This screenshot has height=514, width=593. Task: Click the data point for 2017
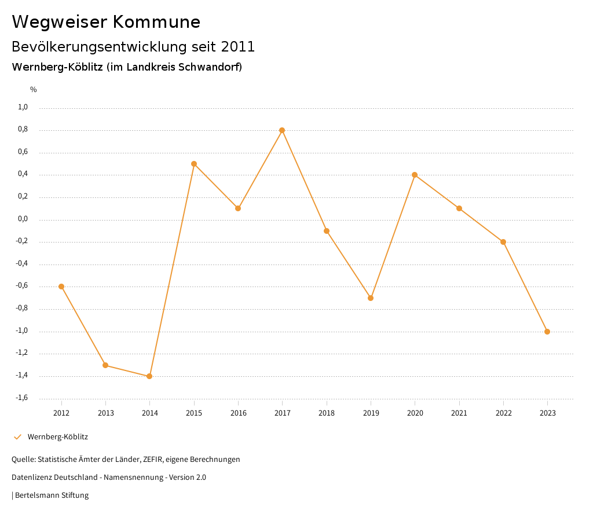coord(282,130)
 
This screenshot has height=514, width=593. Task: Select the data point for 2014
coord(149,376)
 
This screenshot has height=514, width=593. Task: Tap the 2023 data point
coord(547,332)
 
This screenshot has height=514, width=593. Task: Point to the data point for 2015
coord(194,164)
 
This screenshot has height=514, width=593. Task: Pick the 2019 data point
coord(371,298)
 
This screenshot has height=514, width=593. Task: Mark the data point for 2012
coord(61,287)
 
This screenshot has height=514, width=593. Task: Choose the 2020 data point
coord(415,175)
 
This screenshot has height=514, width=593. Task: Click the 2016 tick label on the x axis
coord(238,413)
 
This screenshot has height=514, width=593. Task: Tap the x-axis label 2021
coord(459,413)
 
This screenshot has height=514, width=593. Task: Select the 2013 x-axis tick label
coord(105,413)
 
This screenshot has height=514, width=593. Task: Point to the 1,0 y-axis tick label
coord(23,107)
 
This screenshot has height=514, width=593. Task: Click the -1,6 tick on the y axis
coord(22,398)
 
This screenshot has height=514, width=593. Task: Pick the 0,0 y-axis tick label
coord(23,219)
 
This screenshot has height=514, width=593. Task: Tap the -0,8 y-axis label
coord(22,308)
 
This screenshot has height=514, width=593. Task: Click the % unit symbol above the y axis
coord(34,90)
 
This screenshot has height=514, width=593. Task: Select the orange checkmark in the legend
coord(17,437)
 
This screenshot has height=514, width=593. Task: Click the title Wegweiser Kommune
coord(106,22)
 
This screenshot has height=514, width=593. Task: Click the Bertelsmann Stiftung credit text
coord(52,495)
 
